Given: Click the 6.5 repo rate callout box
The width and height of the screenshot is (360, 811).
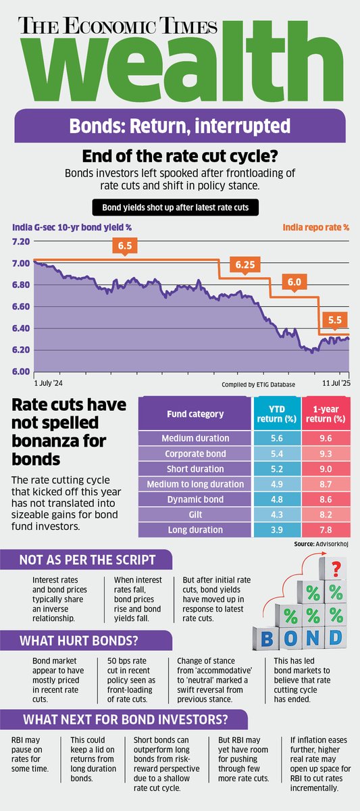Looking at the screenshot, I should tap(124, 246).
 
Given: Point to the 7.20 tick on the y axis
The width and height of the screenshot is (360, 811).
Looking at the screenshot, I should tap(21, 241).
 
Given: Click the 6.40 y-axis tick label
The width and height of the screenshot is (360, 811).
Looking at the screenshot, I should tap(21, 328).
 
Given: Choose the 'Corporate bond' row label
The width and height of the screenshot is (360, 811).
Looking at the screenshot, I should tap(195, 453).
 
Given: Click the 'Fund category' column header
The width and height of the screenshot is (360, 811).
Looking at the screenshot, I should tap(195, 414).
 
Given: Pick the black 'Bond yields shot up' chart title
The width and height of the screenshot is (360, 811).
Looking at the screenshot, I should tap(179, 207).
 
